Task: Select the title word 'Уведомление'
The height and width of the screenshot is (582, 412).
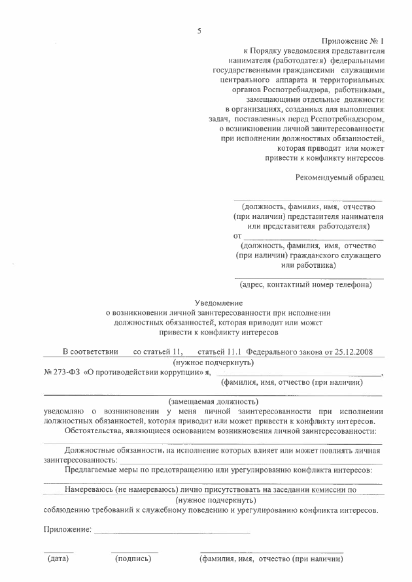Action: coord(219,302)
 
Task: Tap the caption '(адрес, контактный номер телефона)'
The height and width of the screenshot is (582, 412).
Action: coord(305,285)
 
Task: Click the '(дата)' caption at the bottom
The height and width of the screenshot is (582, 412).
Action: coord(58,559)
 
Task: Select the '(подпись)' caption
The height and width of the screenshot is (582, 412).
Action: coord(133,559)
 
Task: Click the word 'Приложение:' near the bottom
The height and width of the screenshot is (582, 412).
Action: coord(67,528)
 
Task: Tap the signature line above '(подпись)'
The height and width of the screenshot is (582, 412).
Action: coord(133,553)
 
